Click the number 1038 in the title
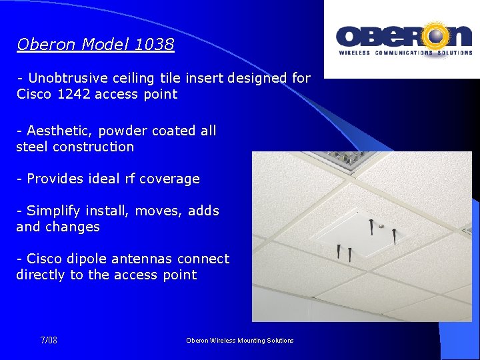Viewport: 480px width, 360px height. click(154, 45)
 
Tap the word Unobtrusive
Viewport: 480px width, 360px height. click(67, 78)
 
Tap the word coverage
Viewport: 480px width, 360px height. click(170, 179)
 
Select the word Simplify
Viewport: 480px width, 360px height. click(53, 211)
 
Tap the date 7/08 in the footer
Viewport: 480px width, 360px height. click(49, 341)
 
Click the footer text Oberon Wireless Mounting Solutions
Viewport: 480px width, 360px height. click(239, 341)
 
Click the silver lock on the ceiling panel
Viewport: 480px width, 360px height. click(380, 227)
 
